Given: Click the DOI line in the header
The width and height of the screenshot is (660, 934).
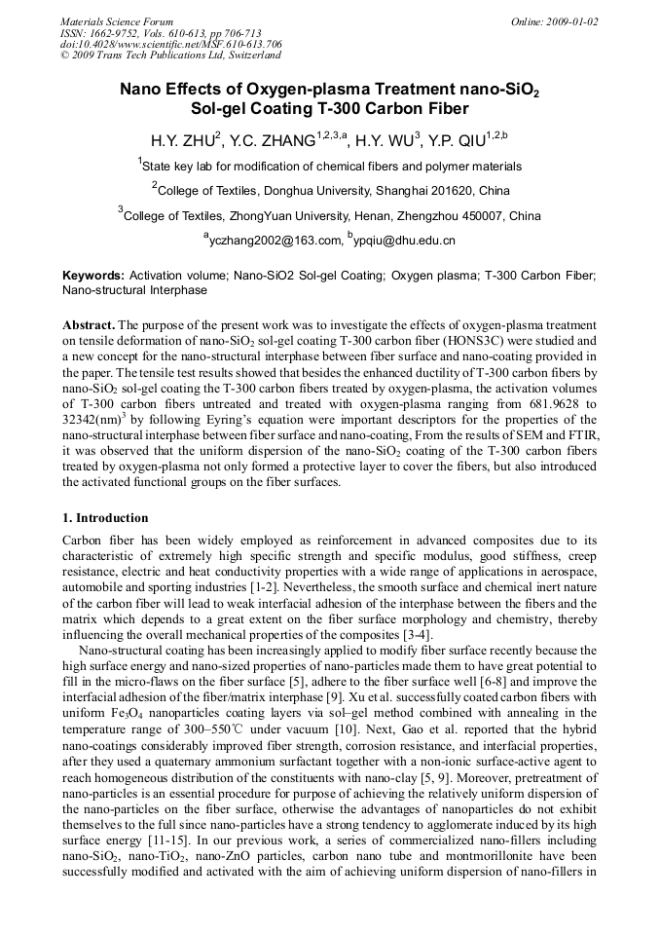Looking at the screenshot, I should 170,44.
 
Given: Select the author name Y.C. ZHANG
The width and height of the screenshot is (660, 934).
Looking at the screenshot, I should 270,140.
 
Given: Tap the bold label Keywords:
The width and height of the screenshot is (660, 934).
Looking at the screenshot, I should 92,276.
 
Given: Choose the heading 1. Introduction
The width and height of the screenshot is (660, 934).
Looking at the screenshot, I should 105,517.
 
